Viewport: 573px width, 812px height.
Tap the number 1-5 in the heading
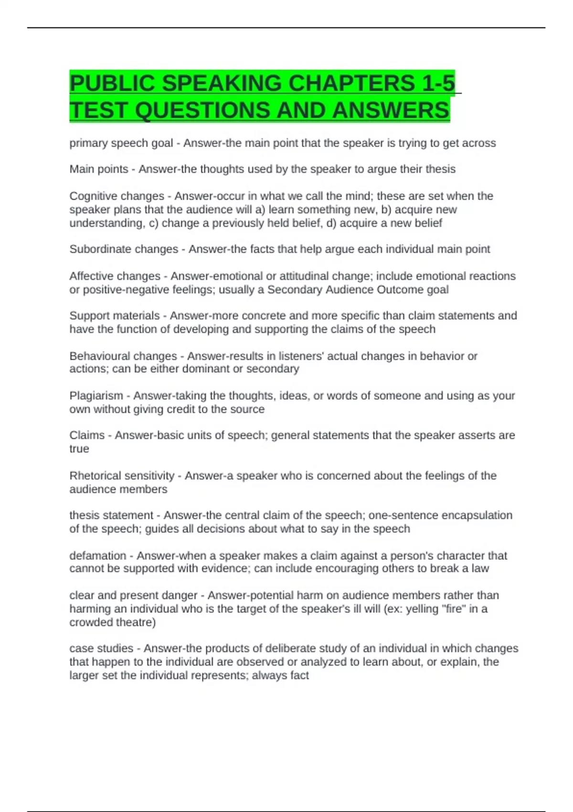[x=438, y=83]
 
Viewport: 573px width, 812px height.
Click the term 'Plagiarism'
[x=96, y=395]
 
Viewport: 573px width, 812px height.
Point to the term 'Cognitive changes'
[x=117, y=196]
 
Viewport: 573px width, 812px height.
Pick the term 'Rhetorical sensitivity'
[x=122, y=476]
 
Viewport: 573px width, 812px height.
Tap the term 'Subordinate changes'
[x=124, y=249]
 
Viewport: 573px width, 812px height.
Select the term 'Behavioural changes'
[x=123, y=356]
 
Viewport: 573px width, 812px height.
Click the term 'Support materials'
[x=115, y=316]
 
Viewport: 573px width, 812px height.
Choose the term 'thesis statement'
[x=111, y=515]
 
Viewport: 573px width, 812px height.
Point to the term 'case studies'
[x=101, y=648]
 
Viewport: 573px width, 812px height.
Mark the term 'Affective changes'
[x=115, y=276]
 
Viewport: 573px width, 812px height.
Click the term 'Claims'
[x=87, y=435]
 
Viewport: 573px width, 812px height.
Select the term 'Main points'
[x=99, y=169]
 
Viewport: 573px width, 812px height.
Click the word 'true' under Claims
[x=79, y=449]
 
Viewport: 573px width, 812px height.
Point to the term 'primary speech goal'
[x=121, y=143]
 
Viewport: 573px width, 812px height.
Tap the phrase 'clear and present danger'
[x=133, y=595]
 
